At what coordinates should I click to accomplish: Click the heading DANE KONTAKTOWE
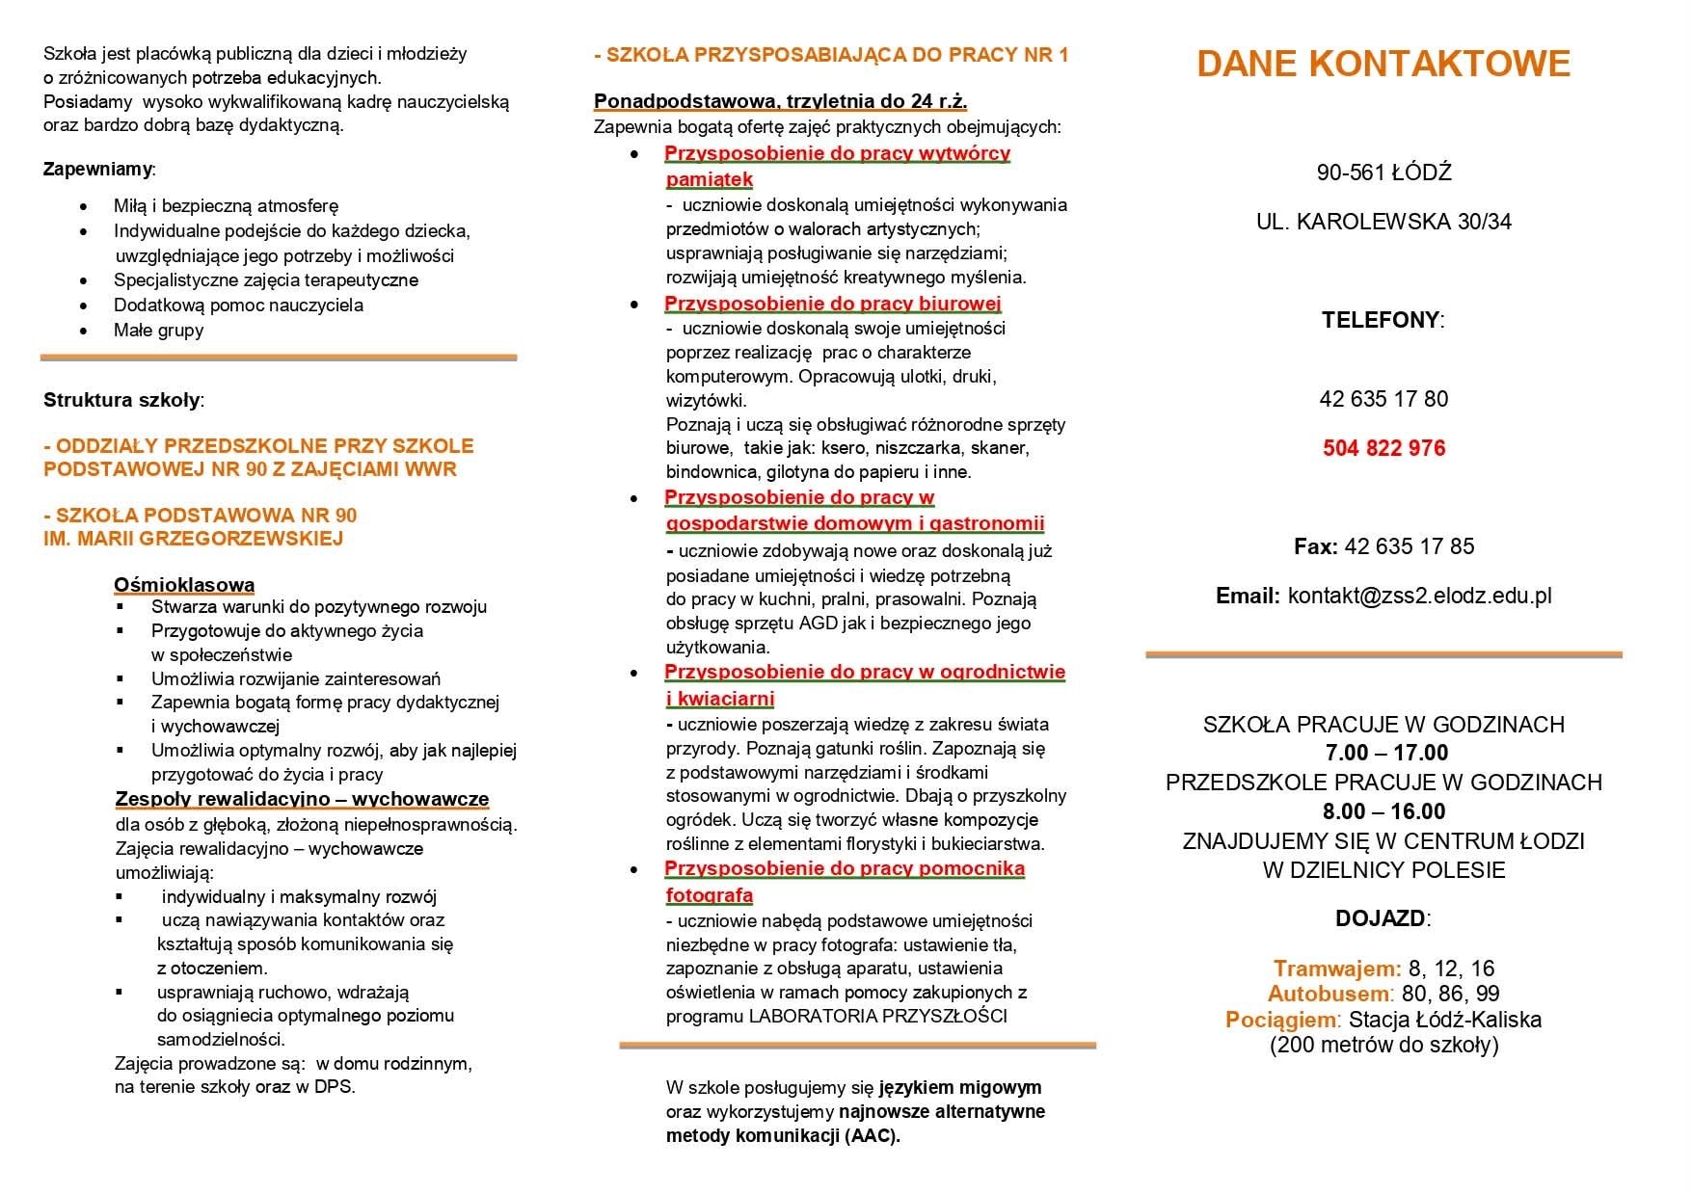click(1383, 64)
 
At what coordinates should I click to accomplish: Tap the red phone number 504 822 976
click(1383, 448)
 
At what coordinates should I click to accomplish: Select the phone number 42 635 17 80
click(1383, 399)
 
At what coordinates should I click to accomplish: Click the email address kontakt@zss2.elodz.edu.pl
click(1419, 596)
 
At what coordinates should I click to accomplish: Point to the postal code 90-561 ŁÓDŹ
click(1383, 173)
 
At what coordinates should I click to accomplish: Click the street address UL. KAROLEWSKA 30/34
click(1383, 223)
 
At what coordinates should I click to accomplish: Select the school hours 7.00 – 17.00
click(1383, 753)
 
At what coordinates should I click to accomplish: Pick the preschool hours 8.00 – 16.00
click(1383, 811)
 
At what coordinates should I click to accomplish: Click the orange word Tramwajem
click(1336, 969)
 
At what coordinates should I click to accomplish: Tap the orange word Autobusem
click(1329, 994)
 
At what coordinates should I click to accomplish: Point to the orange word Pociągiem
click(1282, 1020)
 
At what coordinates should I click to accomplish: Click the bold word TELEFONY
click(1381, 321)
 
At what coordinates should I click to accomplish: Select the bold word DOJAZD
click(1380, 918)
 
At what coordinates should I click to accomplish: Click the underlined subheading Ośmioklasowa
click(184, 585)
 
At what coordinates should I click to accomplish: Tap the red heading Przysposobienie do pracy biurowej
click(833, 304)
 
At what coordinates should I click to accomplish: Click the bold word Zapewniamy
click(97, 170)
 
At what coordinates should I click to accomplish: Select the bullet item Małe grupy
click(158, 331)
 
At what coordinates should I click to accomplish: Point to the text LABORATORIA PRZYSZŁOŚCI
click(877, 1016)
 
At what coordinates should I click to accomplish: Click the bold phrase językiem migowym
click(960, 1088)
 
